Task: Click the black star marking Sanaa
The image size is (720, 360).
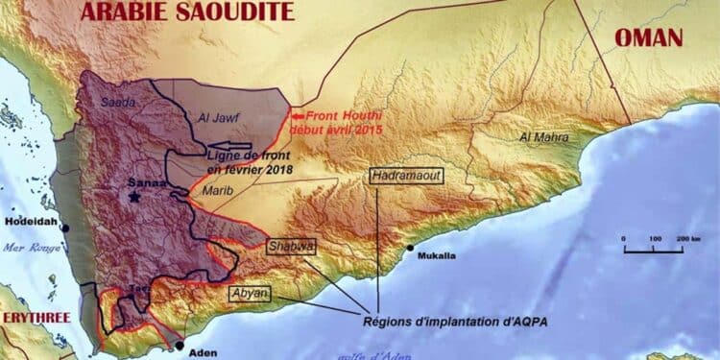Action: click(x=134, y=196)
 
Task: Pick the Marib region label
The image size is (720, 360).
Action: click(x=216, y=191)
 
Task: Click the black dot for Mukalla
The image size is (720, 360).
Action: click(x=410, y=249)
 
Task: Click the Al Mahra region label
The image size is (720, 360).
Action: click(x=540, y=137)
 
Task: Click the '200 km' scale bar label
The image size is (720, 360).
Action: click(x=679, y=237)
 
